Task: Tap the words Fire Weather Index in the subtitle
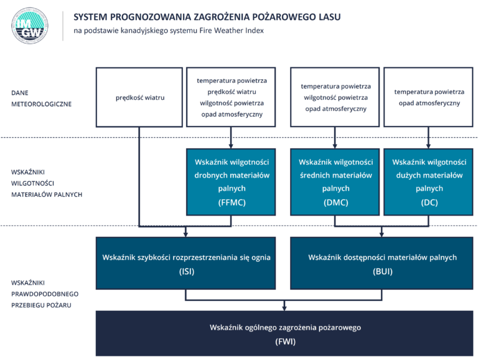[235, 31]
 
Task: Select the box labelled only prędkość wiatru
[140, 98]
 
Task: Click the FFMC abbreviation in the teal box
[232, 202]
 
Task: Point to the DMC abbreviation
[335, 202]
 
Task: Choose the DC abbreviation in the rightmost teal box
[429, 202]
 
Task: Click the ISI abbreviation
[186, 272]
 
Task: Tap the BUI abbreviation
[382, 272]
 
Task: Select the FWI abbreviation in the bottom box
[285, 341]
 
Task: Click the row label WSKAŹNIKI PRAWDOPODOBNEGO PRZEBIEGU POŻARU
[41, 293]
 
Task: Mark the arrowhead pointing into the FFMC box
[232, 145]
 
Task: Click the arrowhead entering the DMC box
[335, 145]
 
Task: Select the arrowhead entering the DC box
[429, 145]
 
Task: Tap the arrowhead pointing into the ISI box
[186, 234]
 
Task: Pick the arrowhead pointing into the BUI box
[382, 234]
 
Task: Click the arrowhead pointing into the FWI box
[285, 307]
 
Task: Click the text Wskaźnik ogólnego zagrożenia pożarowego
[285, 327]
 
